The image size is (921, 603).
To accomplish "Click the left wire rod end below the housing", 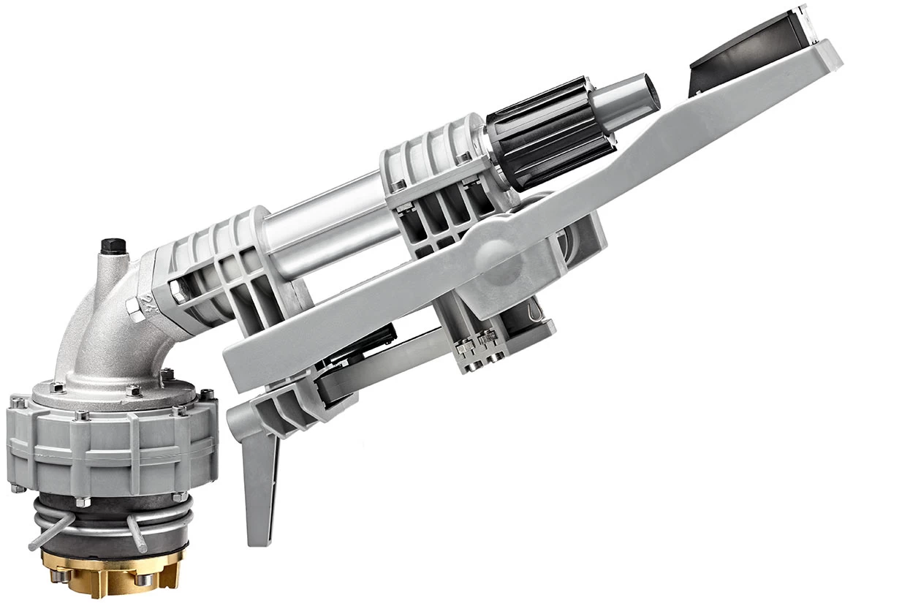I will click(x=34, y=545).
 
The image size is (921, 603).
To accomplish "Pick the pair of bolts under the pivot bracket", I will click(x=479, y=344).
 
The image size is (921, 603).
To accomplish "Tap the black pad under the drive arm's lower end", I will click(x=351, y=365).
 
